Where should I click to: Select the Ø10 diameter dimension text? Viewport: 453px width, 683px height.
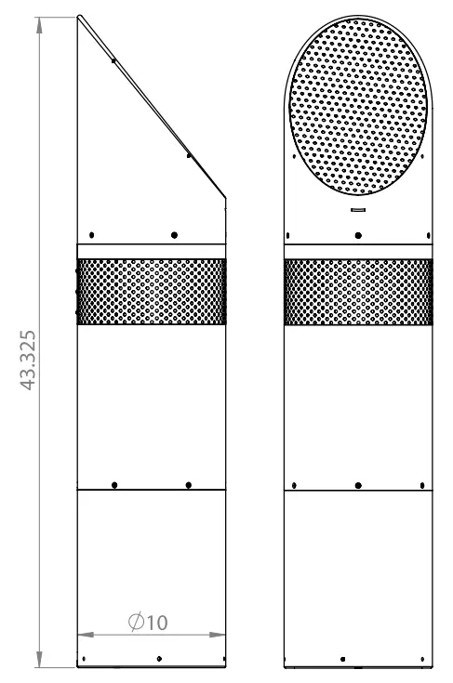[x=150, y=622]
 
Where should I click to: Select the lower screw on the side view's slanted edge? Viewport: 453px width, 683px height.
[x=190, y=155]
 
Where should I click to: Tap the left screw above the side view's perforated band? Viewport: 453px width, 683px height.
[x=92, y=234]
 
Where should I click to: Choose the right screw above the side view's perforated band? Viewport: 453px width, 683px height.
[x=174, y=234]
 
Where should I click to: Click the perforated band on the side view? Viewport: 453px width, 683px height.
[x=152, y=292]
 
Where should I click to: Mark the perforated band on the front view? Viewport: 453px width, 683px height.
[x=358, y=292]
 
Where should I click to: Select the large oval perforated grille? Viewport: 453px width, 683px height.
[x=357, y=111]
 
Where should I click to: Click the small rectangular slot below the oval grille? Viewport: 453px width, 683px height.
[x=357, y=210]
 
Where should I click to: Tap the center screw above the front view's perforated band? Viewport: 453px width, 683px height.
[x=358, y=234]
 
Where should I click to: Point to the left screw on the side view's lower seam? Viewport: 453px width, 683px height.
[x=113, y=485]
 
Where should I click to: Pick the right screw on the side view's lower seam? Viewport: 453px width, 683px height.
[x=189, y=485]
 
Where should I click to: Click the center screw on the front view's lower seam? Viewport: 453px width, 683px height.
[x=358, y=485]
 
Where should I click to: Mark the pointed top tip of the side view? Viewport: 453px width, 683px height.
[x=79, y=16]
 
